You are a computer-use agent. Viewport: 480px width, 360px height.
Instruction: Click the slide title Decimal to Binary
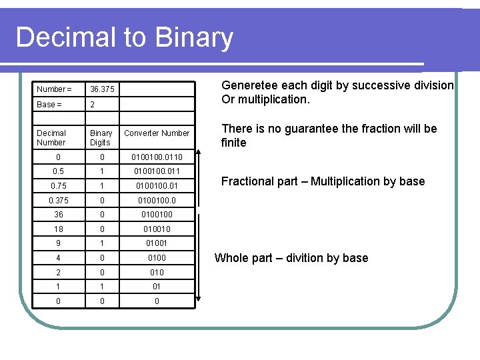click(x=124, y=37)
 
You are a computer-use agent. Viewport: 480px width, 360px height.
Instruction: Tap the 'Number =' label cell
click(x=54, y=89)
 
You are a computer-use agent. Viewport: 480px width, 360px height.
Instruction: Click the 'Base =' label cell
click(x=47, y=105)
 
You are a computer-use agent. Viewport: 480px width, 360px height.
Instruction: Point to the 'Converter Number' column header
click(x=157, y=133)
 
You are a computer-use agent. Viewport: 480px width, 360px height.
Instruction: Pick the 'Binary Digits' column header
click(x=101, y=138)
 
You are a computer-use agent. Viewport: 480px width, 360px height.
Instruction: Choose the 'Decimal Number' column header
click(x=51, y=138)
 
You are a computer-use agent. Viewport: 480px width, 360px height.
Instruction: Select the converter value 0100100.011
click(x=157, y=171)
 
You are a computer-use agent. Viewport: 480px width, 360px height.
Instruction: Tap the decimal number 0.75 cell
click(x=58, y=186)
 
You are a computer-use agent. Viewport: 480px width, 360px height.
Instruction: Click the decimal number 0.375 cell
click(x=58, y=200)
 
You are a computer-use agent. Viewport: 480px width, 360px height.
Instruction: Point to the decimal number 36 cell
click(x=58, y=215)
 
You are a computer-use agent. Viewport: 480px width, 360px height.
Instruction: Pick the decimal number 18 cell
click(x=58, y=229)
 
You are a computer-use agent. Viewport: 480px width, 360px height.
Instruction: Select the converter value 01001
click(x=157, y=243)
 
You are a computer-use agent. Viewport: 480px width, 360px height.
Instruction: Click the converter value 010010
click(x=157, y=229)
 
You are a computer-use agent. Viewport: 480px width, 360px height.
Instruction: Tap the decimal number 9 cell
click(x=58, y=243)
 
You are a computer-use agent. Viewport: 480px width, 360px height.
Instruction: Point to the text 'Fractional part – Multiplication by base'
click(x=323, y=181)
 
